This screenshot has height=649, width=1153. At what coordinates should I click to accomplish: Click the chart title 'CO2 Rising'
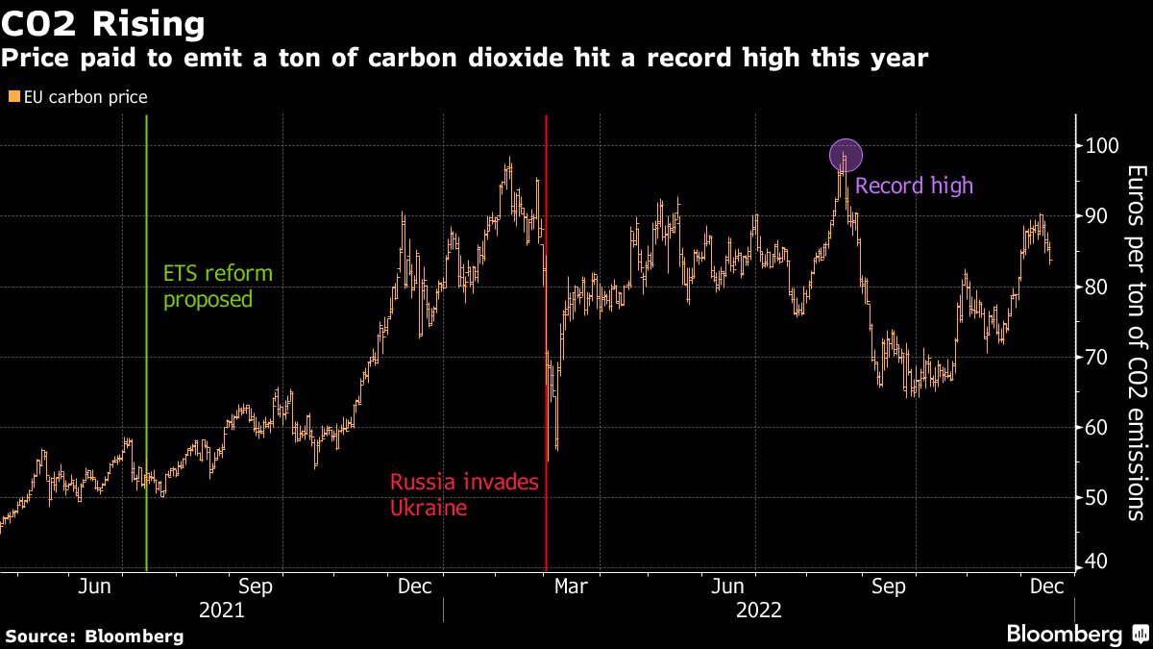click(104, 23)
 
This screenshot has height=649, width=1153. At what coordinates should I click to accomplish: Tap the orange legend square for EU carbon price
click(12, 97)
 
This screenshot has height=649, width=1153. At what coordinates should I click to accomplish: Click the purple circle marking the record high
click(846, 155)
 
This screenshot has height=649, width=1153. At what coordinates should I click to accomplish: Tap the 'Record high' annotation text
click(914, 186)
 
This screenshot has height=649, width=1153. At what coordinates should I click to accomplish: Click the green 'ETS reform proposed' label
click(217, 286)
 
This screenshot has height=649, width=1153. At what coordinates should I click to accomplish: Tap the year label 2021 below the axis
click(221, 611)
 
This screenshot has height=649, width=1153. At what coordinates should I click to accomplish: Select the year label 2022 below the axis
click(759, 611)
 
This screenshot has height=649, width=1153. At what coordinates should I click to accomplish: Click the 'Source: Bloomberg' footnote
click(94, 636)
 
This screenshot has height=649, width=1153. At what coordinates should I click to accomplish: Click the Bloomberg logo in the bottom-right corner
click(1076, 635)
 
